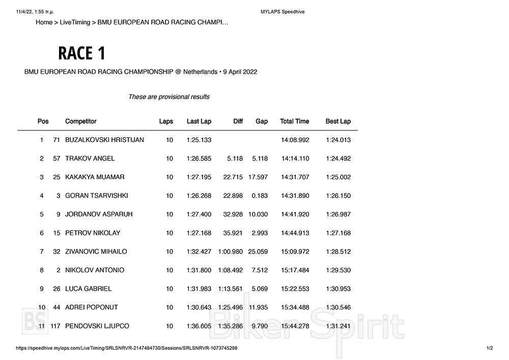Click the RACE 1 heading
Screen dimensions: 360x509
81,53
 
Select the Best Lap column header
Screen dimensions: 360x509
338,121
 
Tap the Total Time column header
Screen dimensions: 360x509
294,121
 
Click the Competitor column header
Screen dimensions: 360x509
80,121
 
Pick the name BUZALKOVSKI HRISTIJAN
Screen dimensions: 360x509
104,140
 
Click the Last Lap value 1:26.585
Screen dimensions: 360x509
199,158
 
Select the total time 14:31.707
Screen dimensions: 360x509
295,177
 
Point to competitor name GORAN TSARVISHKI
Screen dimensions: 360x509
96,196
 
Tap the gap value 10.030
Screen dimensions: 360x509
258,214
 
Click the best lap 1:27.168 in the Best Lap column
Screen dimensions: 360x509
338,233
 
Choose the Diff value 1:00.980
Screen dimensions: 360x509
231,252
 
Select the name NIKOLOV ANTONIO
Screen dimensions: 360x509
95,270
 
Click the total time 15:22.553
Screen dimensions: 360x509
295,289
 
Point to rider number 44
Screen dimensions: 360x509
56,307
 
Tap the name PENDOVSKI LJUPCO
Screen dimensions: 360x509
97,326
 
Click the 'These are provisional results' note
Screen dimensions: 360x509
168,97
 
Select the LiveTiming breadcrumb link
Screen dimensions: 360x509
75,22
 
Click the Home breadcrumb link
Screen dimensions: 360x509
44,22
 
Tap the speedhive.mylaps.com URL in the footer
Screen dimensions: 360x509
127,348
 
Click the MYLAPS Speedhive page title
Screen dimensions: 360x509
282,12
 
